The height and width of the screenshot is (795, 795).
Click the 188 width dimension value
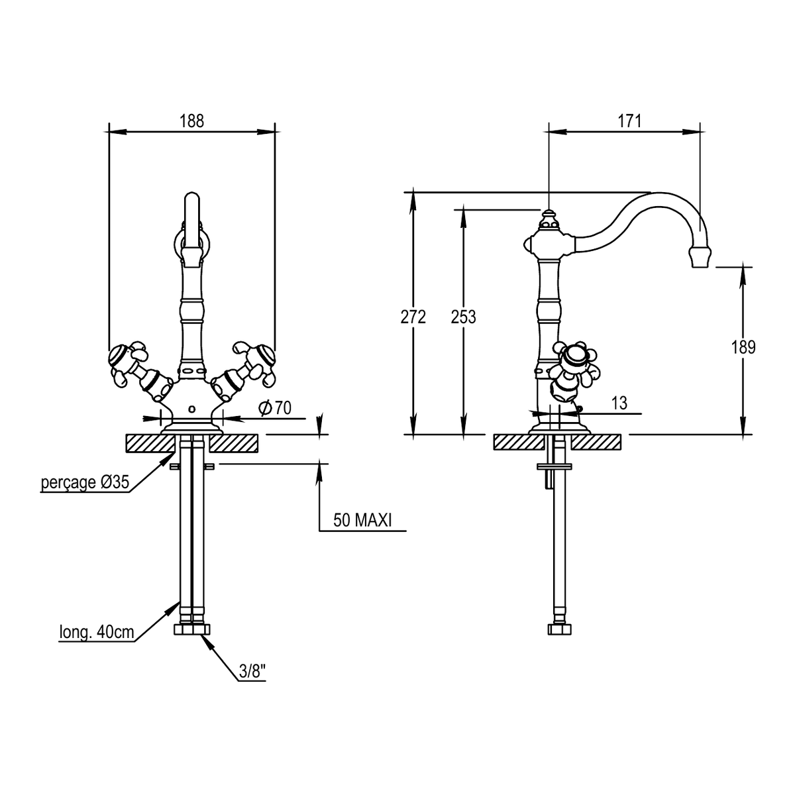coord(191,121)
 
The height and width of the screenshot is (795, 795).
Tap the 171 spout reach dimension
coord(629,121)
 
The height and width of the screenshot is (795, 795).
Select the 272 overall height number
coord(413,317)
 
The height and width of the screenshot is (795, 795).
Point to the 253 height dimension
coord(463,317)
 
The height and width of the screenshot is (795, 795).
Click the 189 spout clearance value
coord(743,347)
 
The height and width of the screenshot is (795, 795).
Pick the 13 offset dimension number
coord(619,403)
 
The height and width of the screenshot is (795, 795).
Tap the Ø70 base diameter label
coord(275,408)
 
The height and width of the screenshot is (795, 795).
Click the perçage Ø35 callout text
coord(85,482)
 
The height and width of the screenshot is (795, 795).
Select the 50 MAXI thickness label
coord(362,520)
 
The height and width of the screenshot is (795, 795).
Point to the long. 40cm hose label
coord(97,632)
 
